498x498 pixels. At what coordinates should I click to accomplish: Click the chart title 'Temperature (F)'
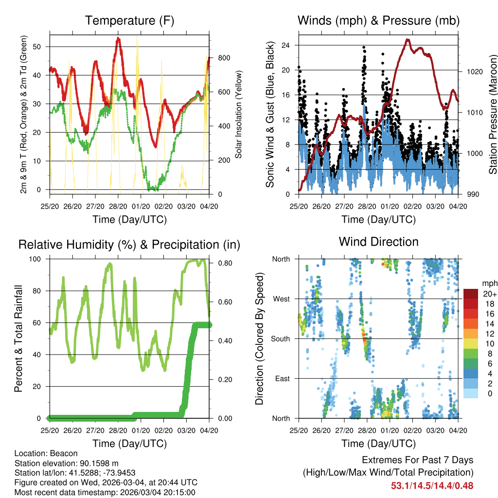[x=129, y=20]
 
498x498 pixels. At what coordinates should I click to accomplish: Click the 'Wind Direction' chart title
[x=378, y=242]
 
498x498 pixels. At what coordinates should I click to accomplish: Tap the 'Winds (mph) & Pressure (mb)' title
[x=378, y=20]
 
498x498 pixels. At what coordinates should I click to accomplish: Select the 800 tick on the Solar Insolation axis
[x=224, y=58]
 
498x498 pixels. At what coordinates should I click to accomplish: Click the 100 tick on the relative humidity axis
[x=38, y=259]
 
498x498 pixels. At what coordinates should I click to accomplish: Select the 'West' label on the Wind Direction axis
[x=281, y=299]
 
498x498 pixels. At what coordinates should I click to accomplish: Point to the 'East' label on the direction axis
[x=282, y=378]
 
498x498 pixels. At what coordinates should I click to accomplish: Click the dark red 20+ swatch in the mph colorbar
[x=471, y=294]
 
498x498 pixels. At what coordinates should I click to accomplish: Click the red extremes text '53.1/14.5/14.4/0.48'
[x=432, y=485]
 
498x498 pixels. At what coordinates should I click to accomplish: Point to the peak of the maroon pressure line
[x=408, y=40]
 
